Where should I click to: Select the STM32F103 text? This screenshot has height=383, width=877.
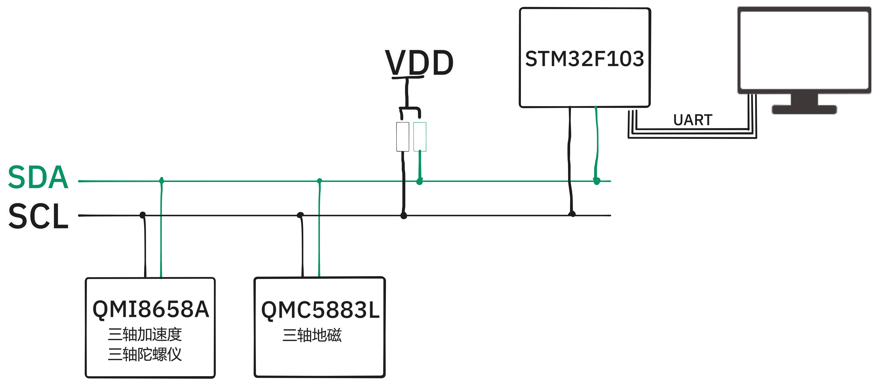584,58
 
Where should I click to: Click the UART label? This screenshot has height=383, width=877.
693,120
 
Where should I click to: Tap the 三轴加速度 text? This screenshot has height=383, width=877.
145,334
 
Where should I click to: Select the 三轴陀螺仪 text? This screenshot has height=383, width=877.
145,354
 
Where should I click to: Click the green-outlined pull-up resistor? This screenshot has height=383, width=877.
420,137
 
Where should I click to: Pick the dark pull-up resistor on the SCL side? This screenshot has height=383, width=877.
403,137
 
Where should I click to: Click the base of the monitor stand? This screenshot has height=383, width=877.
804,110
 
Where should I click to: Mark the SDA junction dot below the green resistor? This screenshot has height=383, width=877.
419,181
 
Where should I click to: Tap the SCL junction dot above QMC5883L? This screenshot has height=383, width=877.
300,215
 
